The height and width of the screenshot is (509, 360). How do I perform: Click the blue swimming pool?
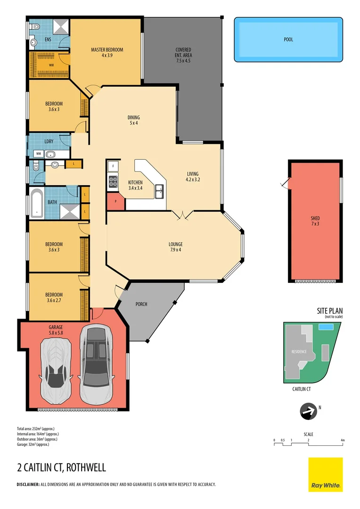[288, 40]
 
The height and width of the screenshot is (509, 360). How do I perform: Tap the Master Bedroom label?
[107, 52]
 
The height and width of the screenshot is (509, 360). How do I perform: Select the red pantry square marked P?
[115, 201]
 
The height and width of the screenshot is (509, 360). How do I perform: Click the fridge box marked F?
[113, 166]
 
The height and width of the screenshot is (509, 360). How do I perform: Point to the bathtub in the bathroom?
[36, 203]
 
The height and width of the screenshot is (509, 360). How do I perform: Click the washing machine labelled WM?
[37, 154]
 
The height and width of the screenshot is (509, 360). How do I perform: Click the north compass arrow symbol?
[308, 411]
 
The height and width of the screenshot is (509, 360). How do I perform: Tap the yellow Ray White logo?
[326, 475]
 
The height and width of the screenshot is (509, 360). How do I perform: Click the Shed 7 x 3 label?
[315, 221]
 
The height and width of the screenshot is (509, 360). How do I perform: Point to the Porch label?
[141, 304]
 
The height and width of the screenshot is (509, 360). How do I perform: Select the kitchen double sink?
[159, 191]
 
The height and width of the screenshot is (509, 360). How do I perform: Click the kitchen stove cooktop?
[113, 179]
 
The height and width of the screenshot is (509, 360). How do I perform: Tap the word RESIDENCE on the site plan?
[299, 352]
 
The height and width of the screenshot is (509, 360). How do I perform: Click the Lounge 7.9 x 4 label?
[176, 246]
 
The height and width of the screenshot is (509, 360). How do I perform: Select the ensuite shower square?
[60, 27]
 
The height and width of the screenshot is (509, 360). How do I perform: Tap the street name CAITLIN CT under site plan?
[302, 389]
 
